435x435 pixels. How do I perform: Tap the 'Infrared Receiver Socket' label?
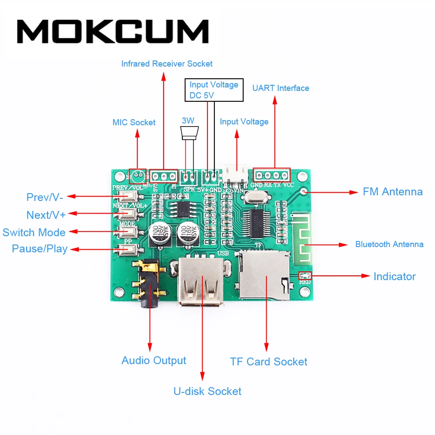click(x=167, y=64)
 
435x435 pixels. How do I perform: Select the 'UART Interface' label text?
click(x=281, y=88)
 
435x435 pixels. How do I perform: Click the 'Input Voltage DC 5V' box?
click(x=214, y=90)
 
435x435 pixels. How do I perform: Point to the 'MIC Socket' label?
click(x=134, y=122)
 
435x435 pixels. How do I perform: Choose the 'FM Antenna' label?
click(x=392, y=192)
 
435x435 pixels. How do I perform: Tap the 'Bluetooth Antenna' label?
click(x=389, y=244)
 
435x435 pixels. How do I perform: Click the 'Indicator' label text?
click(x=394, y=277)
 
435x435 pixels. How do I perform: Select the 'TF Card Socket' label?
click(x=268, y=362)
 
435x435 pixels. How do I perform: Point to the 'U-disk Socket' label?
click(x=207, y=391)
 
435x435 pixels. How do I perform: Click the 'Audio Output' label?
click(x=154, y=361)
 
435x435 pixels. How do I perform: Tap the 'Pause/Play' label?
click(x=40, y=249)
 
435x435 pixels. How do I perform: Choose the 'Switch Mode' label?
click(x=34, y=232)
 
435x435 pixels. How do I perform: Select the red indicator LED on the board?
click(x=305, y=275)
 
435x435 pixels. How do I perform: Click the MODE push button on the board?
click(x=127, y=231)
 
